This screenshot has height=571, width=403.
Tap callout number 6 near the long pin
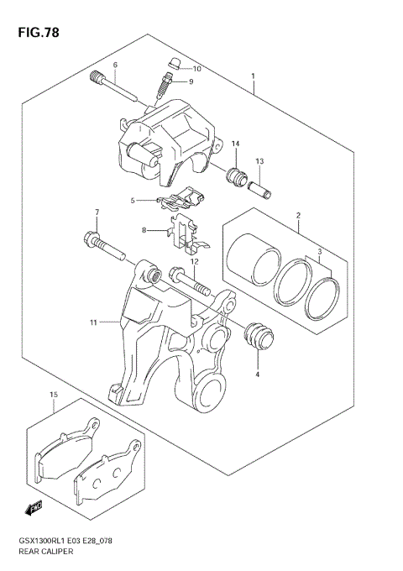[x=115, y=65]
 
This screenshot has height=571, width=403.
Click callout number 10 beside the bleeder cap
[x=197, y=69]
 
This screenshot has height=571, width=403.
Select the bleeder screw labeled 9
[x=166, y=84]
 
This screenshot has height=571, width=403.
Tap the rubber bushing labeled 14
[x=236, y=177]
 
